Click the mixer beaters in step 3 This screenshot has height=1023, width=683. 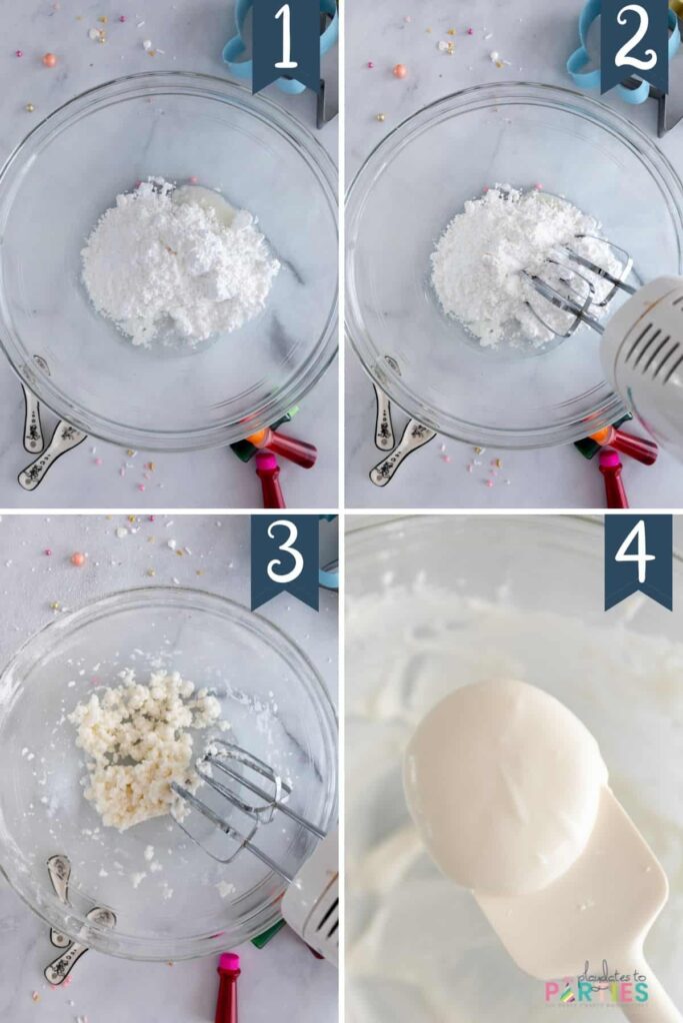235,793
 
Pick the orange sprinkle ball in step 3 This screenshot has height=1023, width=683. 77,558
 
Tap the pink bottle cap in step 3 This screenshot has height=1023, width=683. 228,963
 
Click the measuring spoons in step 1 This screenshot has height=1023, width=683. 45,440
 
